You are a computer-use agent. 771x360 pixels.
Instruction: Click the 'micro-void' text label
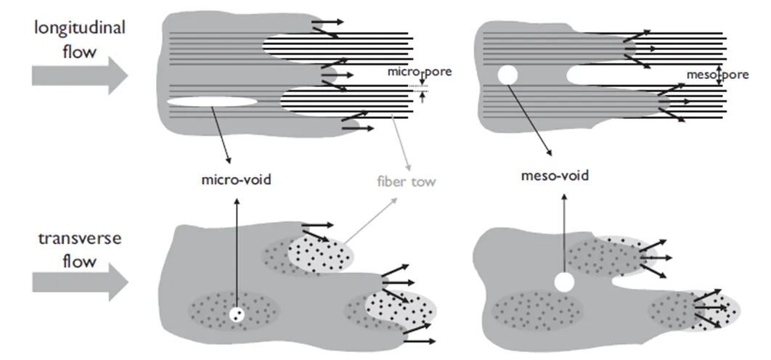click(x=236, y=179)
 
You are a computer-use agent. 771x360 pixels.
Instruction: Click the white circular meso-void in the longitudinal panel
click(x=506, y=75)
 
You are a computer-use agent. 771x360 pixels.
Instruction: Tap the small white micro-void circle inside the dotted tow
click(x=237, y=315)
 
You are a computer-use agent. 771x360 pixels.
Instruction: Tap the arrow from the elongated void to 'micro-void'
click(x=221, y=134)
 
